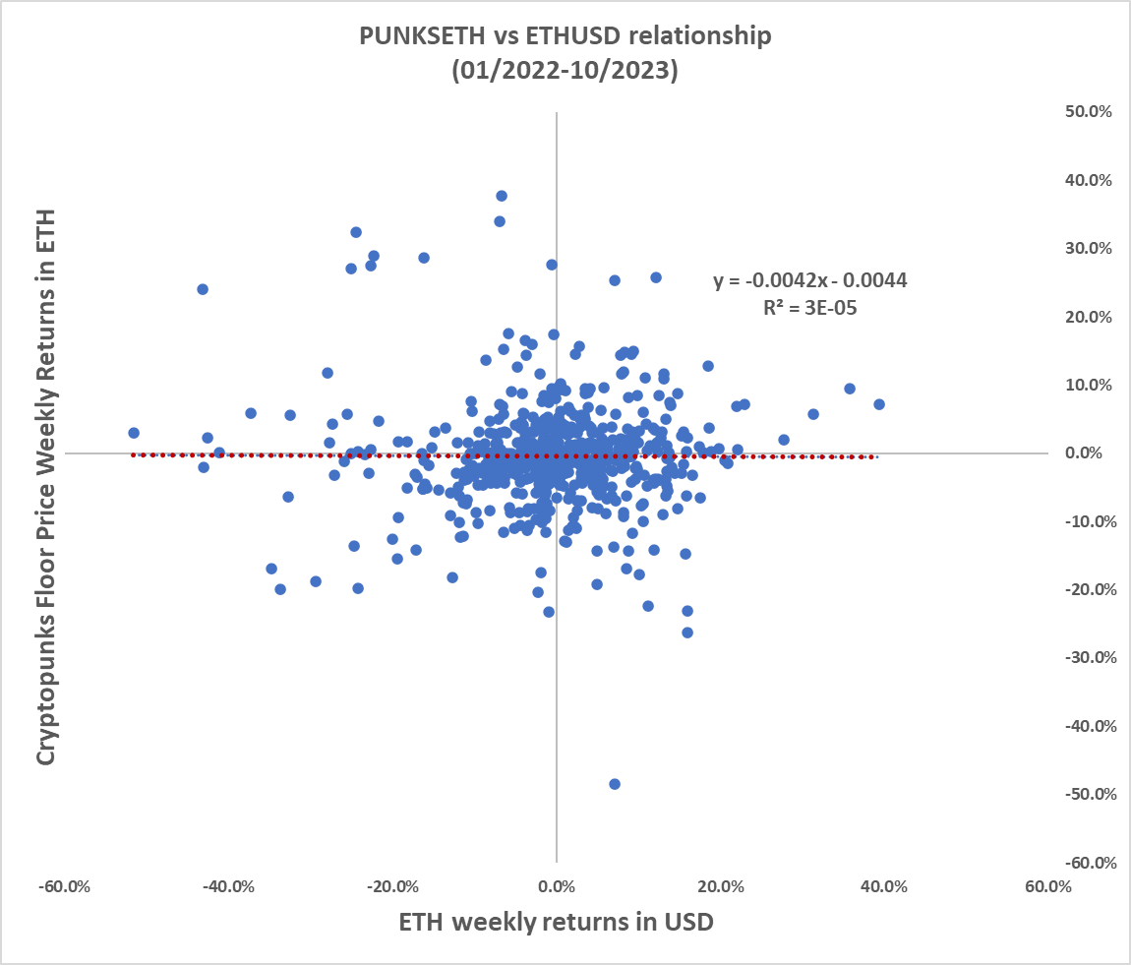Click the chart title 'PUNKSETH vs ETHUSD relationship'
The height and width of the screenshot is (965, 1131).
[565, 36]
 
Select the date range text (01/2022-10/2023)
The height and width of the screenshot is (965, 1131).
[565, 71]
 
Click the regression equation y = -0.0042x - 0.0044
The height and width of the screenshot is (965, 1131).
[810, 280]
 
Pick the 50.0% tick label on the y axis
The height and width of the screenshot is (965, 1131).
[1089, 112]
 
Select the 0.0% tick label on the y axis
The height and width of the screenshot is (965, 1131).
[1092, 453]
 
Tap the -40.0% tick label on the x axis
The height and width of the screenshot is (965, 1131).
[229, 885]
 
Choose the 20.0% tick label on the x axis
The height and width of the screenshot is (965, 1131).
[720, 885]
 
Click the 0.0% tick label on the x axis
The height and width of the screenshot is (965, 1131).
[557, 885]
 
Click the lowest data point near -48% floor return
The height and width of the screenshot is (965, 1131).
[615, 784]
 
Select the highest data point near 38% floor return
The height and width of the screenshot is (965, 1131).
[502, 196]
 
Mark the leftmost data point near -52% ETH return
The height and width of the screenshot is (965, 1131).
[134, 433]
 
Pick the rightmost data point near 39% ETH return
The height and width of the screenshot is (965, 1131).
[879, 404]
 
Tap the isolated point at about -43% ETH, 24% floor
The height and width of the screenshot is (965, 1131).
[203, 289]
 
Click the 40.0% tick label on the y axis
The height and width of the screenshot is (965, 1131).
[1089, 180]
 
